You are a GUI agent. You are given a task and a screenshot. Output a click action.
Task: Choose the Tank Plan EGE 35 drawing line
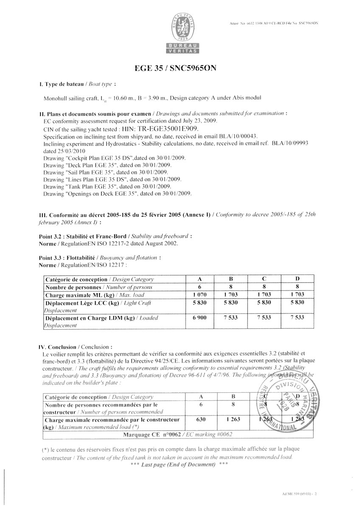click(107, 186)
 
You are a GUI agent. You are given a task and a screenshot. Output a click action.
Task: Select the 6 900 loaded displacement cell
click(200, 318)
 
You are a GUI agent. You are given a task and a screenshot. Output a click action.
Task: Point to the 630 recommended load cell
click(200, 420)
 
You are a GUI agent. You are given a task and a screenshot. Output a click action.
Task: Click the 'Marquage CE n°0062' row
click(177, 435)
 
